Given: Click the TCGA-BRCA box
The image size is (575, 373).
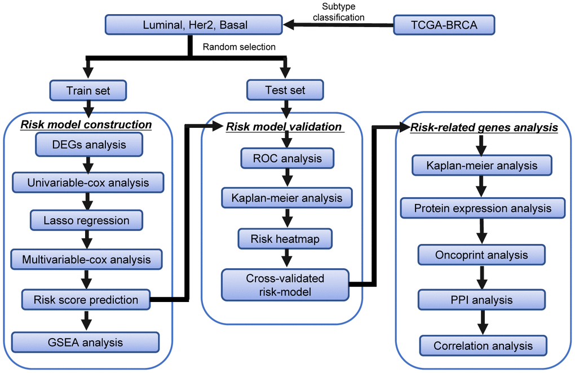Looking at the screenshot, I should click(444, 25).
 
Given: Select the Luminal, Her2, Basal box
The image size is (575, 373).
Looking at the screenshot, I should click(194, 25).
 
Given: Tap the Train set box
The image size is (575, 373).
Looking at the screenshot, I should click(87, 90).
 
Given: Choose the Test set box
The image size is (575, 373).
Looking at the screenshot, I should click(285, 90).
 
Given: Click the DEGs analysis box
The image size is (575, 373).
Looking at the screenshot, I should click(89, 145).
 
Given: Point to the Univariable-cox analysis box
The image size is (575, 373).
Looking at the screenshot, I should click(87, 183).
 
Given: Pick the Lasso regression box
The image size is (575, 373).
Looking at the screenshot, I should click(86, 220).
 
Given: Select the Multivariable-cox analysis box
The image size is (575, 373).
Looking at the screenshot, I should click(86, 259).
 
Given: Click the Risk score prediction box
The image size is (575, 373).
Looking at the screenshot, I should click(86, 300).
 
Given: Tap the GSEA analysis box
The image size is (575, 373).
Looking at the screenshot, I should click(85, 342).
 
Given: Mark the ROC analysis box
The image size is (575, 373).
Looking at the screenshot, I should click(287, 158).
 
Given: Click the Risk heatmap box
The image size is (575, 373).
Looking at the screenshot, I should click(285, 239).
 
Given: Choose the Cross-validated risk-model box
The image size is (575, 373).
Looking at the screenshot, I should click(285, 285).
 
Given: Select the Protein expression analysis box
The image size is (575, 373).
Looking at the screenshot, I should click(483, 208).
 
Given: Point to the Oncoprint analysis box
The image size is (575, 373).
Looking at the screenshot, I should click(481, 255).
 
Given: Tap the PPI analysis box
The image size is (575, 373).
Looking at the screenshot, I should click(481, 300).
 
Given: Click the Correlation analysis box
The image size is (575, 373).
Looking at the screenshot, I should click(483, 345).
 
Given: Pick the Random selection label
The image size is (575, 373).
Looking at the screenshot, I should click(239, 47).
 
